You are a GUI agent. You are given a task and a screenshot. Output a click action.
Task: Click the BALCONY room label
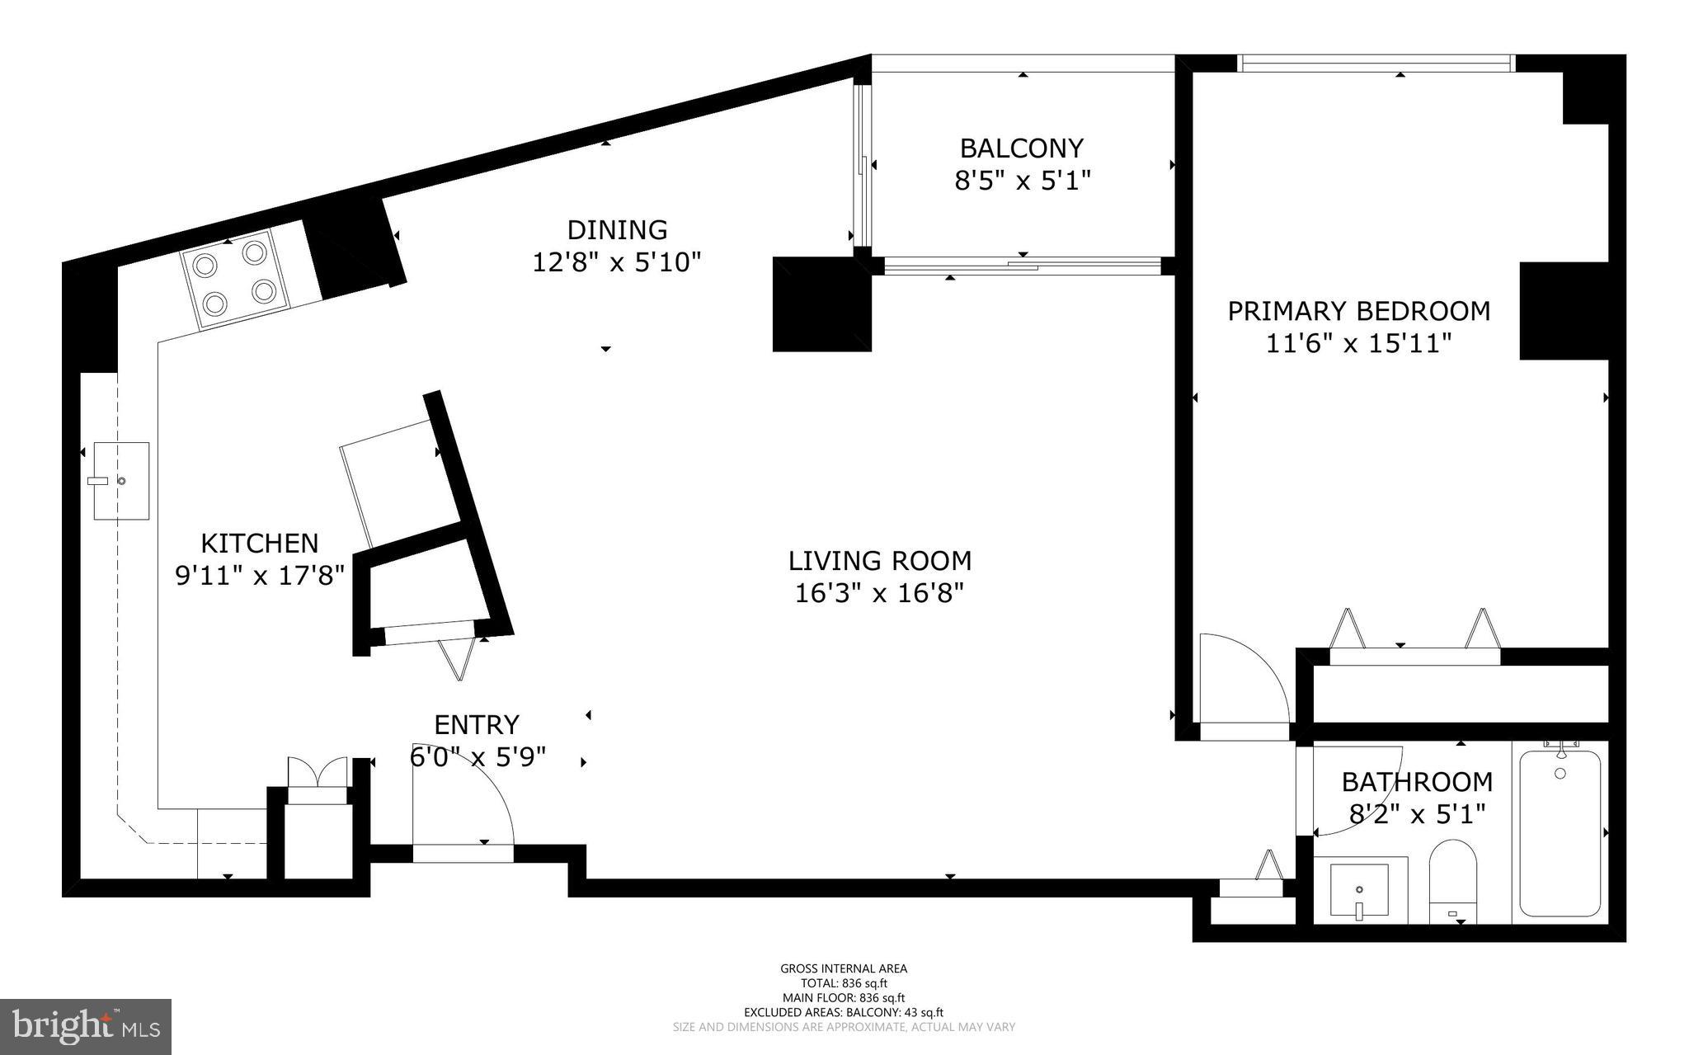[1022, 148]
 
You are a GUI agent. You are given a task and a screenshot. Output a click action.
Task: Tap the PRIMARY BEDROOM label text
[1358, 311]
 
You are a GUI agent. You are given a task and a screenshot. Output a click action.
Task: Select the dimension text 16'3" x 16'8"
[879, 593]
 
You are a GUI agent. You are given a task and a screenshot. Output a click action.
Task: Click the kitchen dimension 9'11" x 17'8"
[260, 575]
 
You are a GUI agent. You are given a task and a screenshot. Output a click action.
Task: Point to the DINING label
[617, 229]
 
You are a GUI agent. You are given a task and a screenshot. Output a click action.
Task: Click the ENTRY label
[477, 724]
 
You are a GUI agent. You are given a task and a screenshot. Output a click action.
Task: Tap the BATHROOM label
[1417, 781]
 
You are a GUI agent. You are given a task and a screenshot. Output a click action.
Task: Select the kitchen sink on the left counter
[121, 481]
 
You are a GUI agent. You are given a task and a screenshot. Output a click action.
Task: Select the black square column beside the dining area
[821, 304]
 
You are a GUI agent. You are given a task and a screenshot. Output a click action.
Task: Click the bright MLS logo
[86, 1026]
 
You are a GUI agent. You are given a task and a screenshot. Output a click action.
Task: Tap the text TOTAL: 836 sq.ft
[844, 983]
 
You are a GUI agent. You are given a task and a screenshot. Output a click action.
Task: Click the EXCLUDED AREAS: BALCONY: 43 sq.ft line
[844, 1012]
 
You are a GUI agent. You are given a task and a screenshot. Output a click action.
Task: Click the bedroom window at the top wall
[1376, 62]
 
